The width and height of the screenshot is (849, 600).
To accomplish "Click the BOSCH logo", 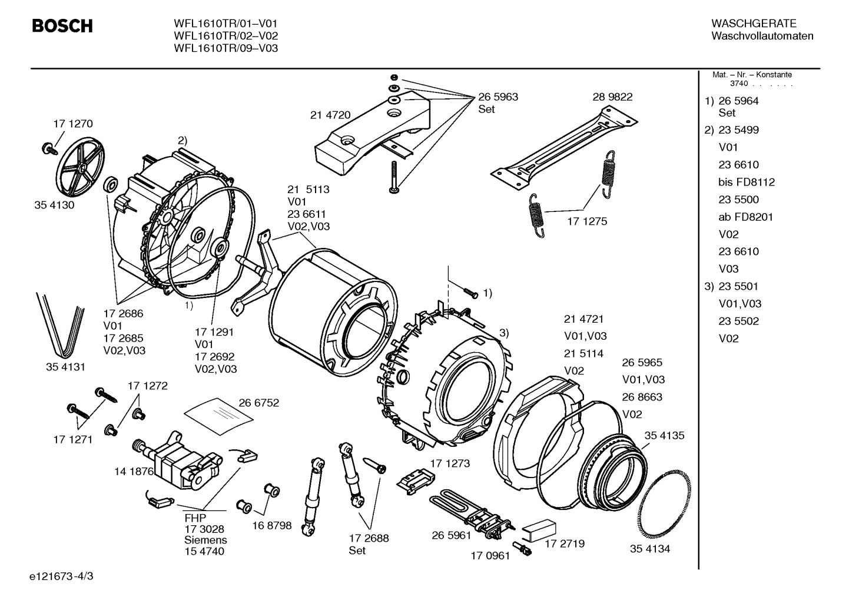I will (x=62, y=26).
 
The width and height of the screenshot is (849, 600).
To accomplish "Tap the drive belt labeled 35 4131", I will (x=59, y=321).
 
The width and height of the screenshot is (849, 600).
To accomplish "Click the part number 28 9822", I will (x=612, y=97).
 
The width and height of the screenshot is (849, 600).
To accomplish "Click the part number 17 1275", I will (x=586, y=221).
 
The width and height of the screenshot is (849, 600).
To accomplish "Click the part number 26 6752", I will (x=258, y=403).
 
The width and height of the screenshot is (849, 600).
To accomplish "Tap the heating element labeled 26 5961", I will (x=471, y=511).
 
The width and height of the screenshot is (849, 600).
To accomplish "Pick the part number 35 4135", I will (x=664, y=436).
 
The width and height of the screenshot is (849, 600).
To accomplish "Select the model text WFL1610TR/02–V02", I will (x=225, y=36).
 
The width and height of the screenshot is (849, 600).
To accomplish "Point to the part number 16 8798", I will (x=271, y=525).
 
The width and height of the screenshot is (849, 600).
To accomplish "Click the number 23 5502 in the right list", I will (x=738, y=321).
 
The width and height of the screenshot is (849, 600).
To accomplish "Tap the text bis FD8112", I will (x=746, y=182).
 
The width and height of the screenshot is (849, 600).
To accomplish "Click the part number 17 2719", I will (x=564, y=543).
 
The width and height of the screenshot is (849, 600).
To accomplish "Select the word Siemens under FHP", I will (x=205, y=540).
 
